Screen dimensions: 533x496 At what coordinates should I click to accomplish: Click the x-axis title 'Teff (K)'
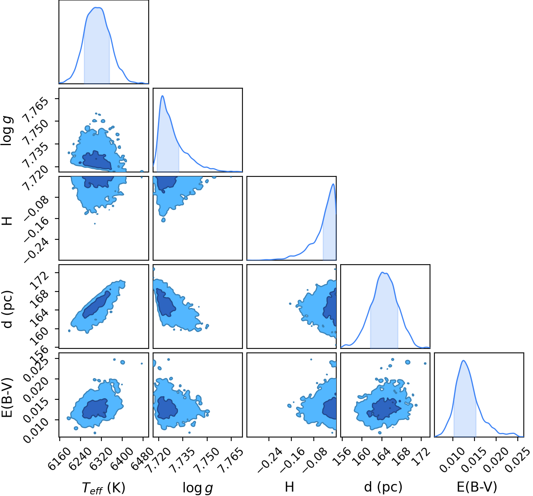tap(103, 487)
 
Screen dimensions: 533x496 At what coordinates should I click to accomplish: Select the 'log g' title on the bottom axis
tap(198, 488)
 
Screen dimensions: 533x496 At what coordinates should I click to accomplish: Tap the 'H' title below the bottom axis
tap(289, 487)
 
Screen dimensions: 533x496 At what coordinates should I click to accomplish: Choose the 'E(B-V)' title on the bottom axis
tap(477, 487)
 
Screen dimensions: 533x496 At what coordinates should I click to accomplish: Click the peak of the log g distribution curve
tap(162, 95)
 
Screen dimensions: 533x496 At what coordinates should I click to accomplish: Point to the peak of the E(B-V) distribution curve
tap(464, 360)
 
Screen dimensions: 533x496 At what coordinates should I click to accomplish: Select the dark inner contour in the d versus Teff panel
tap(97, 304)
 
